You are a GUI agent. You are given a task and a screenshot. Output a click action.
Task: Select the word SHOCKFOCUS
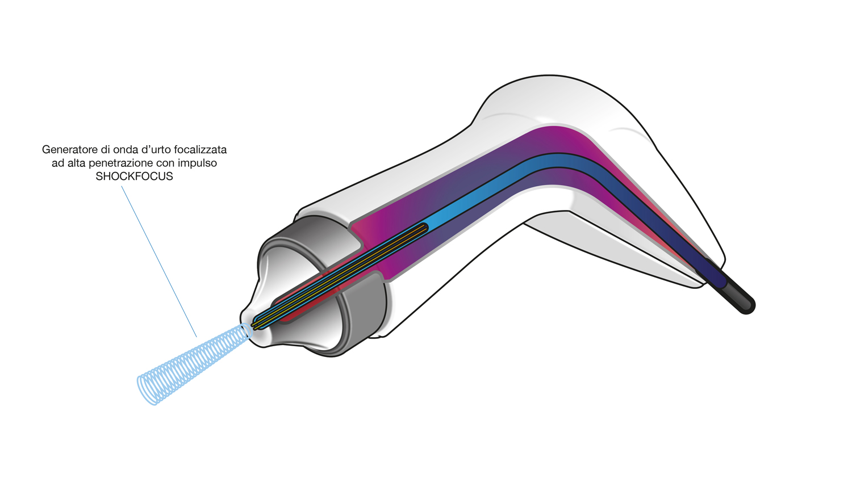(134, 177)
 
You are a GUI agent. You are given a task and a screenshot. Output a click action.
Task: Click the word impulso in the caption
(198, 163)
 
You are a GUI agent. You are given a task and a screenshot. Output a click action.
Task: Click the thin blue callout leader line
(159, 261)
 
